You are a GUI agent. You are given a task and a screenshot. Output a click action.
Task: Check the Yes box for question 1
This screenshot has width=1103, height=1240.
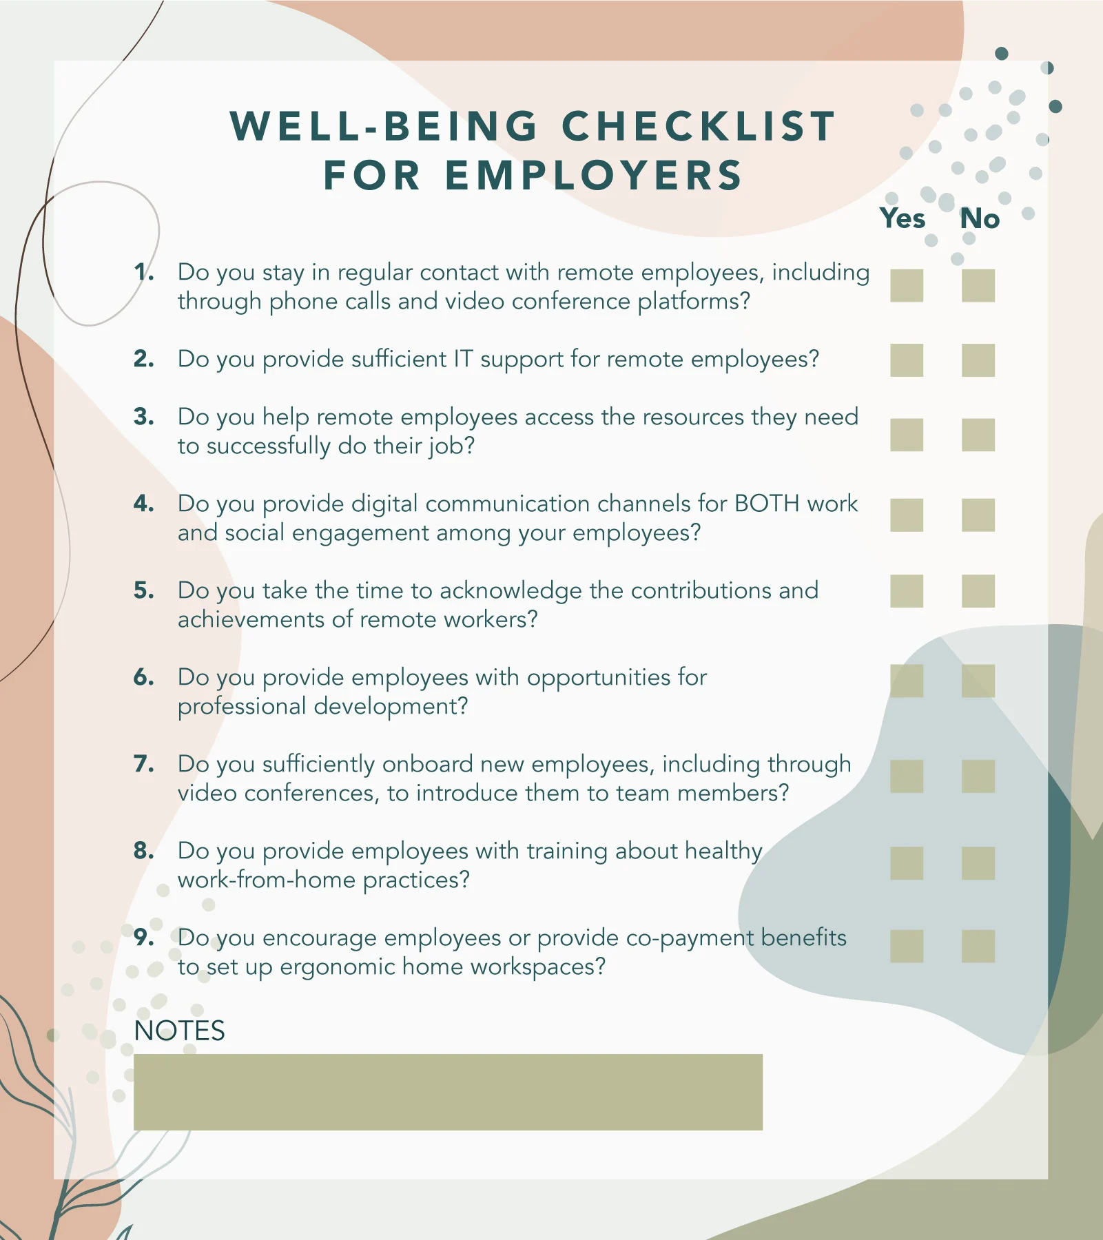(906, 285)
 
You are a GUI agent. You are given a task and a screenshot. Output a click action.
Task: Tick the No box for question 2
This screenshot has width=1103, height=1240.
(978, 360)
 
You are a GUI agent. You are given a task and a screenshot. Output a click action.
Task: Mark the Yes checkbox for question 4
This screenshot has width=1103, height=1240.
(906, 515)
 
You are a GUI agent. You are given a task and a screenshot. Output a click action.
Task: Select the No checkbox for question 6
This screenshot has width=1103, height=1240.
(978, 681)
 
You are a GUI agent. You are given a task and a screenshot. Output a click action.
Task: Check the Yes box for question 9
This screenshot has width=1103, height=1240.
(906, 946)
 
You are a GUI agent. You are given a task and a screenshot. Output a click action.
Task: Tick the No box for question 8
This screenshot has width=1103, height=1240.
(978, 863)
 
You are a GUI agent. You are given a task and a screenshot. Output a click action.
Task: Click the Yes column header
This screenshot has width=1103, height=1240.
(903, 218)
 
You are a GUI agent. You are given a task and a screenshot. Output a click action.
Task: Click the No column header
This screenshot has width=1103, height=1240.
(980, 218)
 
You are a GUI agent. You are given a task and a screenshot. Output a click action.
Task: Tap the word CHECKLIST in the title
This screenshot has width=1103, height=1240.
(699, 127)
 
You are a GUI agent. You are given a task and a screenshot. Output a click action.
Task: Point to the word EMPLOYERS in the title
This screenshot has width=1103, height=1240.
(594, 175)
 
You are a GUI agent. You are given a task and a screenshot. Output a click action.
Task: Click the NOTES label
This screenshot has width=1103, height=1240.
(179, 1031)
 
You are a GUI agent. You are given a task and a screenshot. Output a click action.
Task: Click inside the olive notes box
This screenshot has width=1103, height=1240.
(448, 1092)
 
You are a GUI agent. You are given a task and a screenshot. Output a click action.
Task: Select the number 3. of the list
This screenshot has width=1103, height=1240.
(143, 417)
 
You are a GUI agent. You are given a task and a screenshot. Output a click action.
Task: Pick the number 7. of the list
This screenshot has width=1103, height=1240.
(143, 764)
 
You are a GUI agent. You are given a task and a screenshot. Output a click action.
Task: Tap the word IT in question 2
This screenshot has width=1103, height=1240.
(462, 359)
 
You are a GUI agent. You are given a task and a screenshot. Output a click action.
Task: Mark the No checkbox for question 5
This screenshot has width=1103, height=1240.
(978, 591)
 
